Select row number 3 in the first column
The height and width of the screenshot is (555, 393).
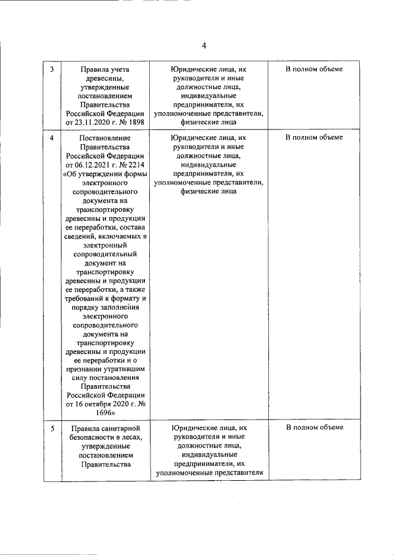[x=52, y=69]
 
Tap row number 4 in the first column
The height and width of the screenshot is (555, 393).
[x=52, y=137]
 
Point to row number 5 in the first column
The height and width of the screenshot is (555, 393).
[x=52, y=427]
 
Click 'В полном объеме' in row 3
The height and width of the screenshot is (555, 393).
[x=314, y=69]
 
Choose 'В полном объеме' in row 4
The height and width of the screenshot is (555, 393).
[x=314, y=137]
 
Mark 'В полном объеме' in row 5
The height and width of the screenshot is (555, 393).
[x=314, y=427]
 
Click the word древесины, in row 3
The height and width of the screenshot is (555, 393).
[x=105, y=78]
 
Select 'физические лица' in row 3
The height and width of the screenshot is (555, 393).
[x=209, y=122]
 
